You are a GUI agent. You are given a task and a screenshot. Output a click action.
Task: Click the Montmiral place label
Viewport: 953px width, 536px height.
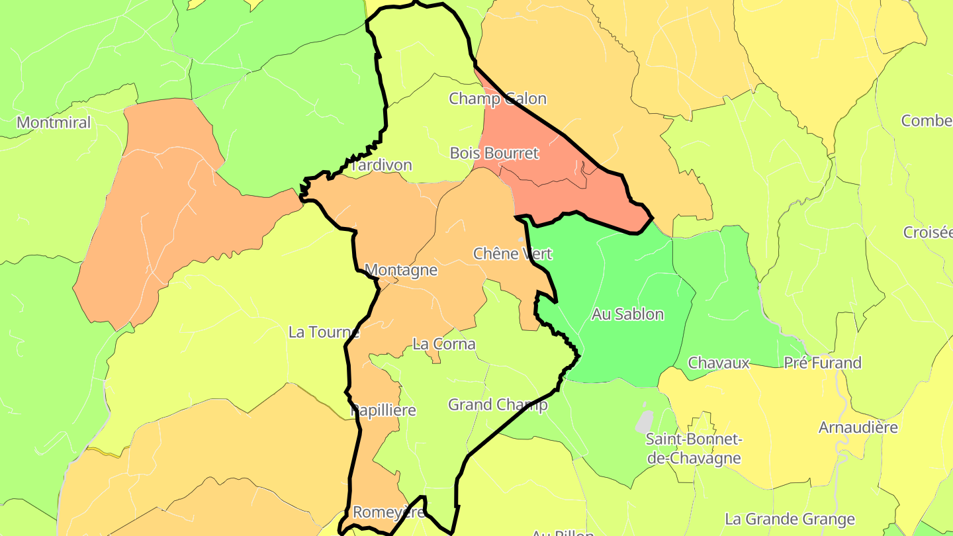tap(54, 122)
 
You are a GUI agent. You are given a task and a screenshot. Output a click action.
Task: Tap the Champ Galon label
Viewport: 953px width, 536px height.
tap(498, 99)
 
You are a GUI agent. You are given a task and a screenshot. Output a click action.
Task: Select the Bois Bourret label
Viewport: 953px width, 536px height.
tap(494, 153)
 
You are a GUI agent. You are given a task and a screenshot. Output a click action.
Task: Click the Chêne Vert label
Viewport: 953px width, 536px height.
tap(512, 253)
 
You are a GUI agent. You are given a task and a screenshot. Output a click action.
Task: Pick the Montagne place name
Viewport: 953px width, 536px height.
tap(401, 270)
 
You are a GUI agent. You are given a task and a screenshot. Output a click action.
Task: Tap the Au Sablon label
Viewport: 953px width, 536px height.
tap(627, 314)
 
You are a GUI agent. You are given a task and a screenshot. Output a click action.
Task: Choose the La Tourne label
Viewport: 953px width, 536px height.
tap(324, 332)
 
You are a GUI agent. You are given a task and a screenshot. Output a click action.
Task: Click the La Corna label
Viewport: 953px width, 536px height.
tap(443, 344)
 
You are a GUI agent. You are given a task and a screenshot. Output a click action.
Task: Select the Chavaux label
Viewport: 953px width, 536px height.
tap(719, 363)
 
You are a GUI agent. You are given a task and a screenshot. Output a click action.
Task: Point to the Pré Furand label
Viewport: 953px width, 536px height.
tap(823, 363)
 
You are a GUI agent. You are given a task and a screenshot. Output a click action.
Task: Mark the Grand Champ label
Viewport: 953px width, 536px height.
tap(498, 404)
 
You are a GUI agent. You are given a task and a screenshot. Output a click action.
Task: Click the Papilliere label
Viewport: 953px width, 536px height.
tap(383, 410)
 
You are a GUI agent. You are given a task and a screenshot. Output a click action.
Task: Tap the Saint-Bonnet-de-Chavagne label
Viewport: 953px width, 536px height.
tap(694, 449)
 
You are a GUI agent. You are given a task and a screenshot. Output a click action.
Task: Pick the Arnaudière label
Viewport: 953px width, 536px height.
tap(858, 427)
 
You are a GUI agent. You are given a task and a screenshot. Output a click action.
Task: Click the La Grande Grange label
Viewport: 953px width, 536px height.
tap(790, 519)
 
